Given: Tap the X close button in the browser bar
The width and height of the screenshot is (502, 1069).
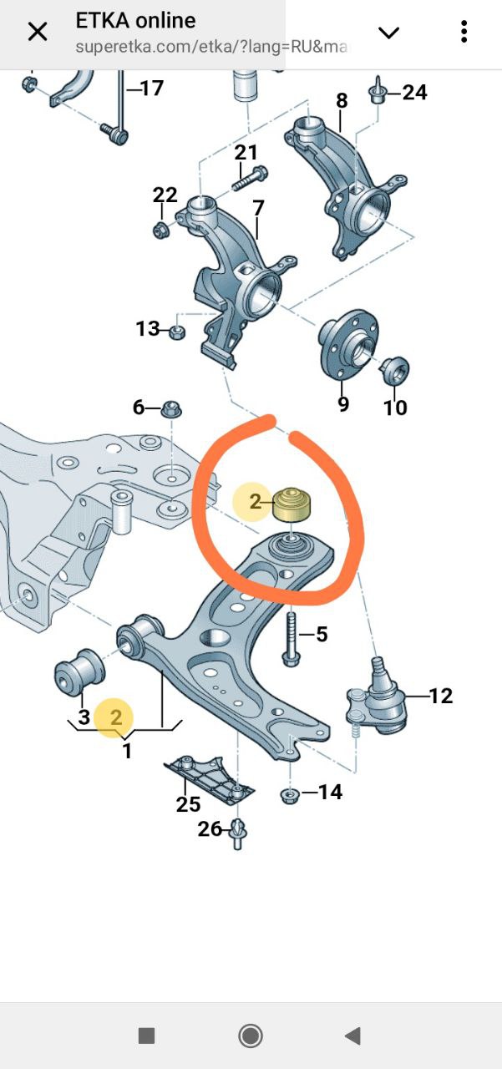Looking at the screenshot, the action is tap(38, 32).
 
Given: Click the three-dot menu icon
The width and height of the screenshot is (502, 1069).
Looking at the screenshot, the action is tap(464, 32).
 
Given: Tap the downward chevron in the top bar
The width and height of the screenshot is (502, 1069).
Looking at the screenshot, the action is tap(388, 33).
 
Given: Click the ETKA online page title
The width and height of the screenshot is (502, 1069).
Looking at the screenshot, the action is tap(135, 21).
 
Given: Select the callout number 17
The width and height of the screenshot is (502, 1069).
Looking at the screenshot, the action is tap(152, 88).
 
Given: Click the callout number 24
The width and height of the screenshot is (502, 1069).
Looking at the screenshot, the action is tap(414, 92).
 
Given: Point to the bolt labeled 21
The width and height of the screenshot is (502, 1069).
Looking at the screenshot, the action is tap(250, 178).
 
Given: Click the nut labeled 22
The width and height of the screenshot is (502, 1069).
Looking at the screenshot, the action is tap(161, 230).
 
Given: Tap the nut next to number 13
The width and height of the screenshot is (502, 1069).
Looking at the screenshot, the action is tap(178, 332).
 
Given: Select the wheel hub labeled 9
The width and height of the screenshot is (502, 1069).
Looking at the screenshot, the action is tap(348, 342).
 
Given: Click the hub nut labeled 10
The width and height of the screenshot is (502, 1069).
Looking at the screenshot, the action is tap(395, 370).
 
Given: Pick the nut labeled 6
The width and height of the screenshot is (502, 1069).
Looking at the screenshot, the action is tap(172, 409).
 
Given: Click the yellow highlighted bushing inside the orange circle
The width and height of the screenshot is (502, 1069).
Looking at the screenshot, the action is tap(292, 504).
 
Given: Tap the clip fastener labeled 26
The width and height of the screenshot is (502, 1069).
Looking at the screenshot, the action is tap(237, 833).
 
